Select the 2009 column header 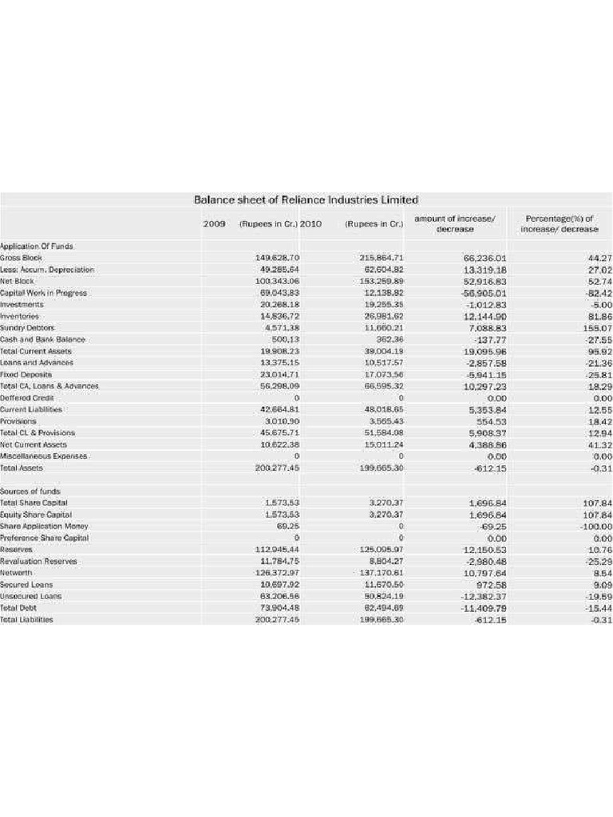pyautogui.click(x=214, y=223)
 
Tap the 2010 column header pyautogui.click(x=310, y=223)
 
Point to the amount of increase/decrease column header pyautogui.click(x=455, y=223)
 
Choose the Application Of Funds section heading pyautogui.click(x=31, y=247)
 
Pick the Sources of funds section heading pyautogui.click(x=30, y=491)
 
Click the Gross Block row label pyautogui.click(x=22, y=259)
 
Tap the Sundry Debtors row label pyautogui.click(x=28, y=328)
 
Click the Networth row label pyautogui.click(x=17, y=573)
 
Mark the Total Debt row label pyautogui.click(x=18, y=608)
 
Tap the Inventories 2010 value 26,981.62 pyautogui.click(x=381, y=317)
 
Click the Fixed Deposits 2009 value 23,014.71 pyautogui.click(x=277, y=374)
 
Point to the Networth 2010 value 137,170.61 pyautogui.click(x=381, y=573)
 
